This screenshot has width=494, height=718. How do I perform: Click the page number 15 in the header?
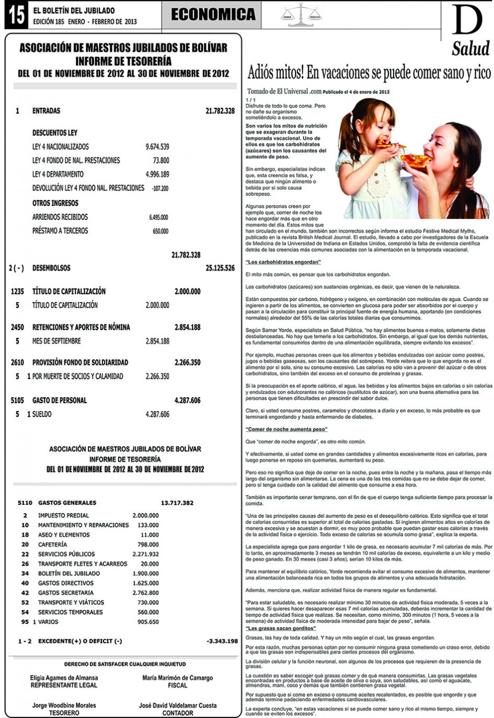tap(16, 15)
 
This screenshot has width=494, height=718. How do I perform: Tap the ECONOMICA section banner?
tap(213, 15)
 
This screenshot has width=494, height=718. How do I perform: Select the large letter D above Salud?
tap(467, 21)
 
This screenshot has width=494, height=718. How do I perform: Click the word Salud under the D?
tap(470, 49)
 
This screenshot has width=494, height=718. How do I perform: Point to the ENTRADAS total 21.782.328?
tap(220, 111)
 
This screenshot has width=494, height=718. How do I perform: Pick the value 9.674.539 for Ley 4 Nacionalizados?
tap(157, 147)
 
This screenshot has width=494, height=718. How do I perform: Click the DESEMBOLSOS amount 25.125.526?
tap(220, 268)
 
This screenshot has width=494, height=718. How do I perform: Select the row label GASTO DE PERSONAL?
tap(60, 400)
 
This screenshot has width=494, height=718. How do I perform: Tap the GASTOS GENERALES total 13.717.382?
tap(177, 503)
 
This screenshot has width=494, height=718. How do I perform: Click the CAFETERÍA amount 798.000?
tap(148, 545)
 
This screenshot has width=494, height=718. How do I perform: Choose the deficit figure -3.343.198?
tap(222, 641)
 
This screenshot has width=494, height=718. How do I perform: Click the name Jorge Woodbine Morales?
tap(64, 705)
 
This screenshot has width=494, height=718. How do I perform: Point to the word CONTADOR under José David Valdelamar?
tap(178, 713)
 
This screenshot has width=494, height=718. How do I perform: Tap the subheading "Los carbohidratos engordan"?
tap(283, 262)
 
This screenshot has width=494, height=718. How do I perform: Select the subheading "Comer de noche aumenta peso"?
tap(286, 430)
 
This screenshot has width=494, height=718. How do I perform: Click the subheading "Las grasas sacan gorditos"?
tap(281, 628)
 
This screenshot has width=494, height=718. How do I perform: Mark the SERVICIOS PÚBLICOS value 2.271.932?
tap(145, 554)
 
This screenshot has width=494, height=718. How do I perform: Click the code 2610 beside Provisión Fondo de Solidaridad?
tap(17, 362)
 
